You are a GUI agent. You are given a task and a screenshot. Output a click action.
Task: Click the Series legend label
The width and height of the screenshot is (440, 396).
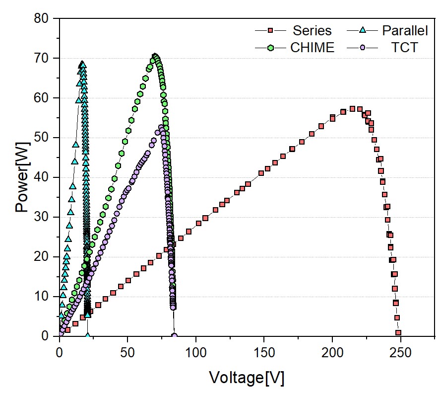tap(312, 30)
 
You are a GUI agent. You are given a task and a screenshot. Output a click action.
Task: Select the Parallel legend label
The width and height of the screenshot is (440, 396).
tap(405, 30)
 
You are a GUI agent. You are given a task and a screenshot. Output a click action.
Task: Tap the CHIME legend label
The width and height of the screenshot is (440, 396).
tap(312, 48)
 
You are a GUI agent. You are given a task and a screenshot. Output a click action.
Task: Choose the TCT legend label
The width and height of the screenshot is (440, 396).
tap(405, 48)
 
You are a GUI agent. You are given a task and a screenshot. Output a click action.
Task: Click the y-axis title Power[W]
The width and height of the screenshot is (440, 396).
tap(22, 177)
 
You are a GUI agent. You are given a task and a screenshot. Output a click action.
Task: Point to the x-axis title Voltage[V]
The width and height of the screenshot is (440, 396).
tap(247, 378)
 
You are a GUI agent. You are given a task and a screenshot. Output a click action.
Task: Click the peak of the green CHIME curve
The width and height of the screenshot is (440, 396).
tap(155, 57)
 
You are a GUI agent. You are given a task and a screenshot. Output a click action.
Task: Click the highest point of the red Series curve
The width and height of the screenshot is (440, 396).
tap(352, 109)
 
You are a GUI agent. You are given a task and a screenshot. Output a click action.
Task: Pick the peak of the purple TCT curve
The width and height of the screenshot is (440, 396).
tap(161, 128)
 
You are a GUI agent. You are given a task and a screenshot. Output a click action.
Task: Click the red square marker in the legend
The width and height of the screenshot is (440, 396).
tap(270, 30)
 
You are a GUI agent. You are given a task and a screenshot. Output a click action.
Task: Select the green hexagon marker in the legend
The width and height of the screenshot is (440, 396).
tap(270, 48)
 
